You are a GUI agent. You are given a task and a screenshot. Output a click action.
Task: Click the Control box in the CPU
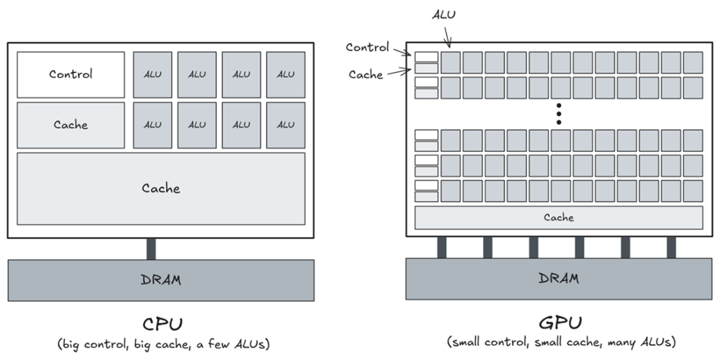point(71,75)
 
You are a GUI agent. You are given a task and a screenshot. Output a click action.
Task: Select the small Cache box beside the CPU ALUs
point(71,125)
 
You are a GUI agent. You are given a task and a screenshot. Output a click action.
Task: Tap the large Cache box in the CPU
point(161,189)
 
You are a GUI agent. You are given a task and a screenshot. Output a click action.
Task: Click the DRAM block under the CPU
point(161,280)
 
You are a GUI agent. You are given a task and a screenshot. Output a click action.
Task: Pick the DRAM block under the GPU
point(559,279)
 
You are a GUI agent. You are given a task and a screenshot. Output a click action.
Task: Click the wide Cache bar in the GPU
point(559,218)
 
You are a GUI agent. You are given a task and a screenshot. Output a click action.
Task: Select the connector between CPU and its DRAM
point(151,249)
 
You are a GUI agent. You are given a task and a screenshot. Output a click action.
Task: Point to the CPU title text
point(162,324)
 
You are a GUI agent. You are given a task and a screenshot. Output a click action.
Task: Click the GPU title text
point(560,323)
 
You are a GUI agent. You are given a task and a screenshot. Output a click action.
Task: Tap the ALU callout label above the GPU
point(444,14)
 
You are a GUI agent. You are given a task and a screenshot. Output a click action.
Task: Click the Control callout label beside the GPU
point(367,47)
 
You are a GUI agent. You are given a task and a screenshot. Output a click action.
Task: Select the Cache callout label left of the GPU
point(365,75)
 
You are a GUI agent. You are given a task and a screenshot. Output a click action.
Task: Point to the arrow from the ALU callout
point(447,37)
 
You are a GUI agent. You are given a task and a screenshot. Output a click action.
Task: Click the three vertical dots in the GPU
point(559,114)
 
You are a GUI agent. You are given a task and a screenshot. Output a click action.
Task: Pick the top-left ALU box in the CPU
point(153,75)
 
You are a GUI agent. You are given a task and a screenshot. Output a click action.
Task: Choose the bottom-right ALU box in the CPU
point(285,125)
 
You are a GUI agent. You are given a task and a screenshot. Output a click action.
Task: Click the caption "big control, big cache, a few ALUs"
point(164,344)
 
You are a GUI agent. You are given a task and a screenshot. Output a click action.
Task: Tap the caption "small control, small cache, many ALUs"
point(561,342)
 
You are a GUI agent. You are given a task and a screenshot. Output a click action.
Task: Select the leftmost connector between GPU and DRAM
point(442,247)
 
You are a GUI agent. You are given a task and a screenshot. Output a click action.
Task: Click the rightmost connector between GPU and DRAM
point(672,247)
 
